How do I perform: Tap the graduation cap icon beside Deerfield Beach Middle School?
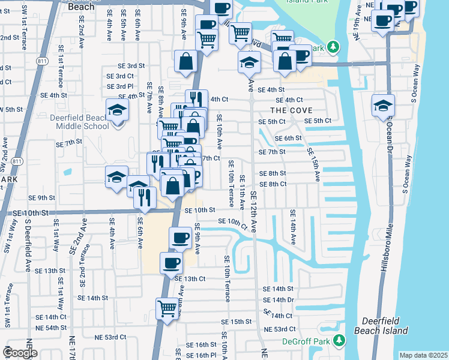click(x=118, y=110)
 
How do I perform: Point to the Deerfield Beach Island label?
click(x=385, y=326)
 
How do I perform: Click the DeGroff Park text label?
click(x=306, y=341)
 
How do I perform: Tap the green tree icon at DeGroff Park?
click(x=339, y=341)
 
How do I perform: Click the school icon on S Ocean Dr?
click(x=383, y=106)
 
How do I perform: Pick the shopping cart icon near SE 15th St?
click(x=167, y=308)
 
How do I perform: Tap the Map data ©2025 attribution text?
click(x=423, y=355)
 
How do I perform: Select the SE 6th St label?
click(x=288, y=138)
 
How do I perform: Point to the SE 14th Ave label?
click(x=294, y=227)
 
